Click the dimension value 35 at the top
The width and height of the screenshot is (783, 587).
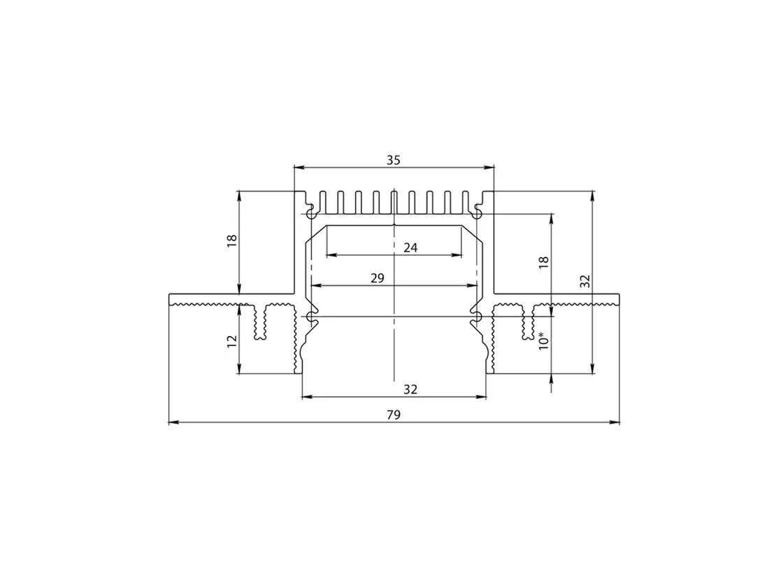point(394,160)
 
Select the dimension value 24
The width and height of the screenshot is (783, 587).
point(410,247)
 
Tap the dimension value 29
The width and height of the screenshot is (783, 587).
point(378,278)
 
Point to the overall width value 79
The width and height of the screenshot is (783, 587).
point(394,415)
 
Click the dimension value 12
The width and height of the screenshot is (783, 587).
point(231,342)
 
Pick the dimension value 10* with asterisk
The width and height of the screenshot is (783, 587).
point(544,340)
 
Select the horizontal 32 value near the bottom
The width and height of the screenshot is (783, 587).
point(410,389)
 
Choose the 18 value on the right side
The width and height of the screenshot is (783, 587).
point(544,263)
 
